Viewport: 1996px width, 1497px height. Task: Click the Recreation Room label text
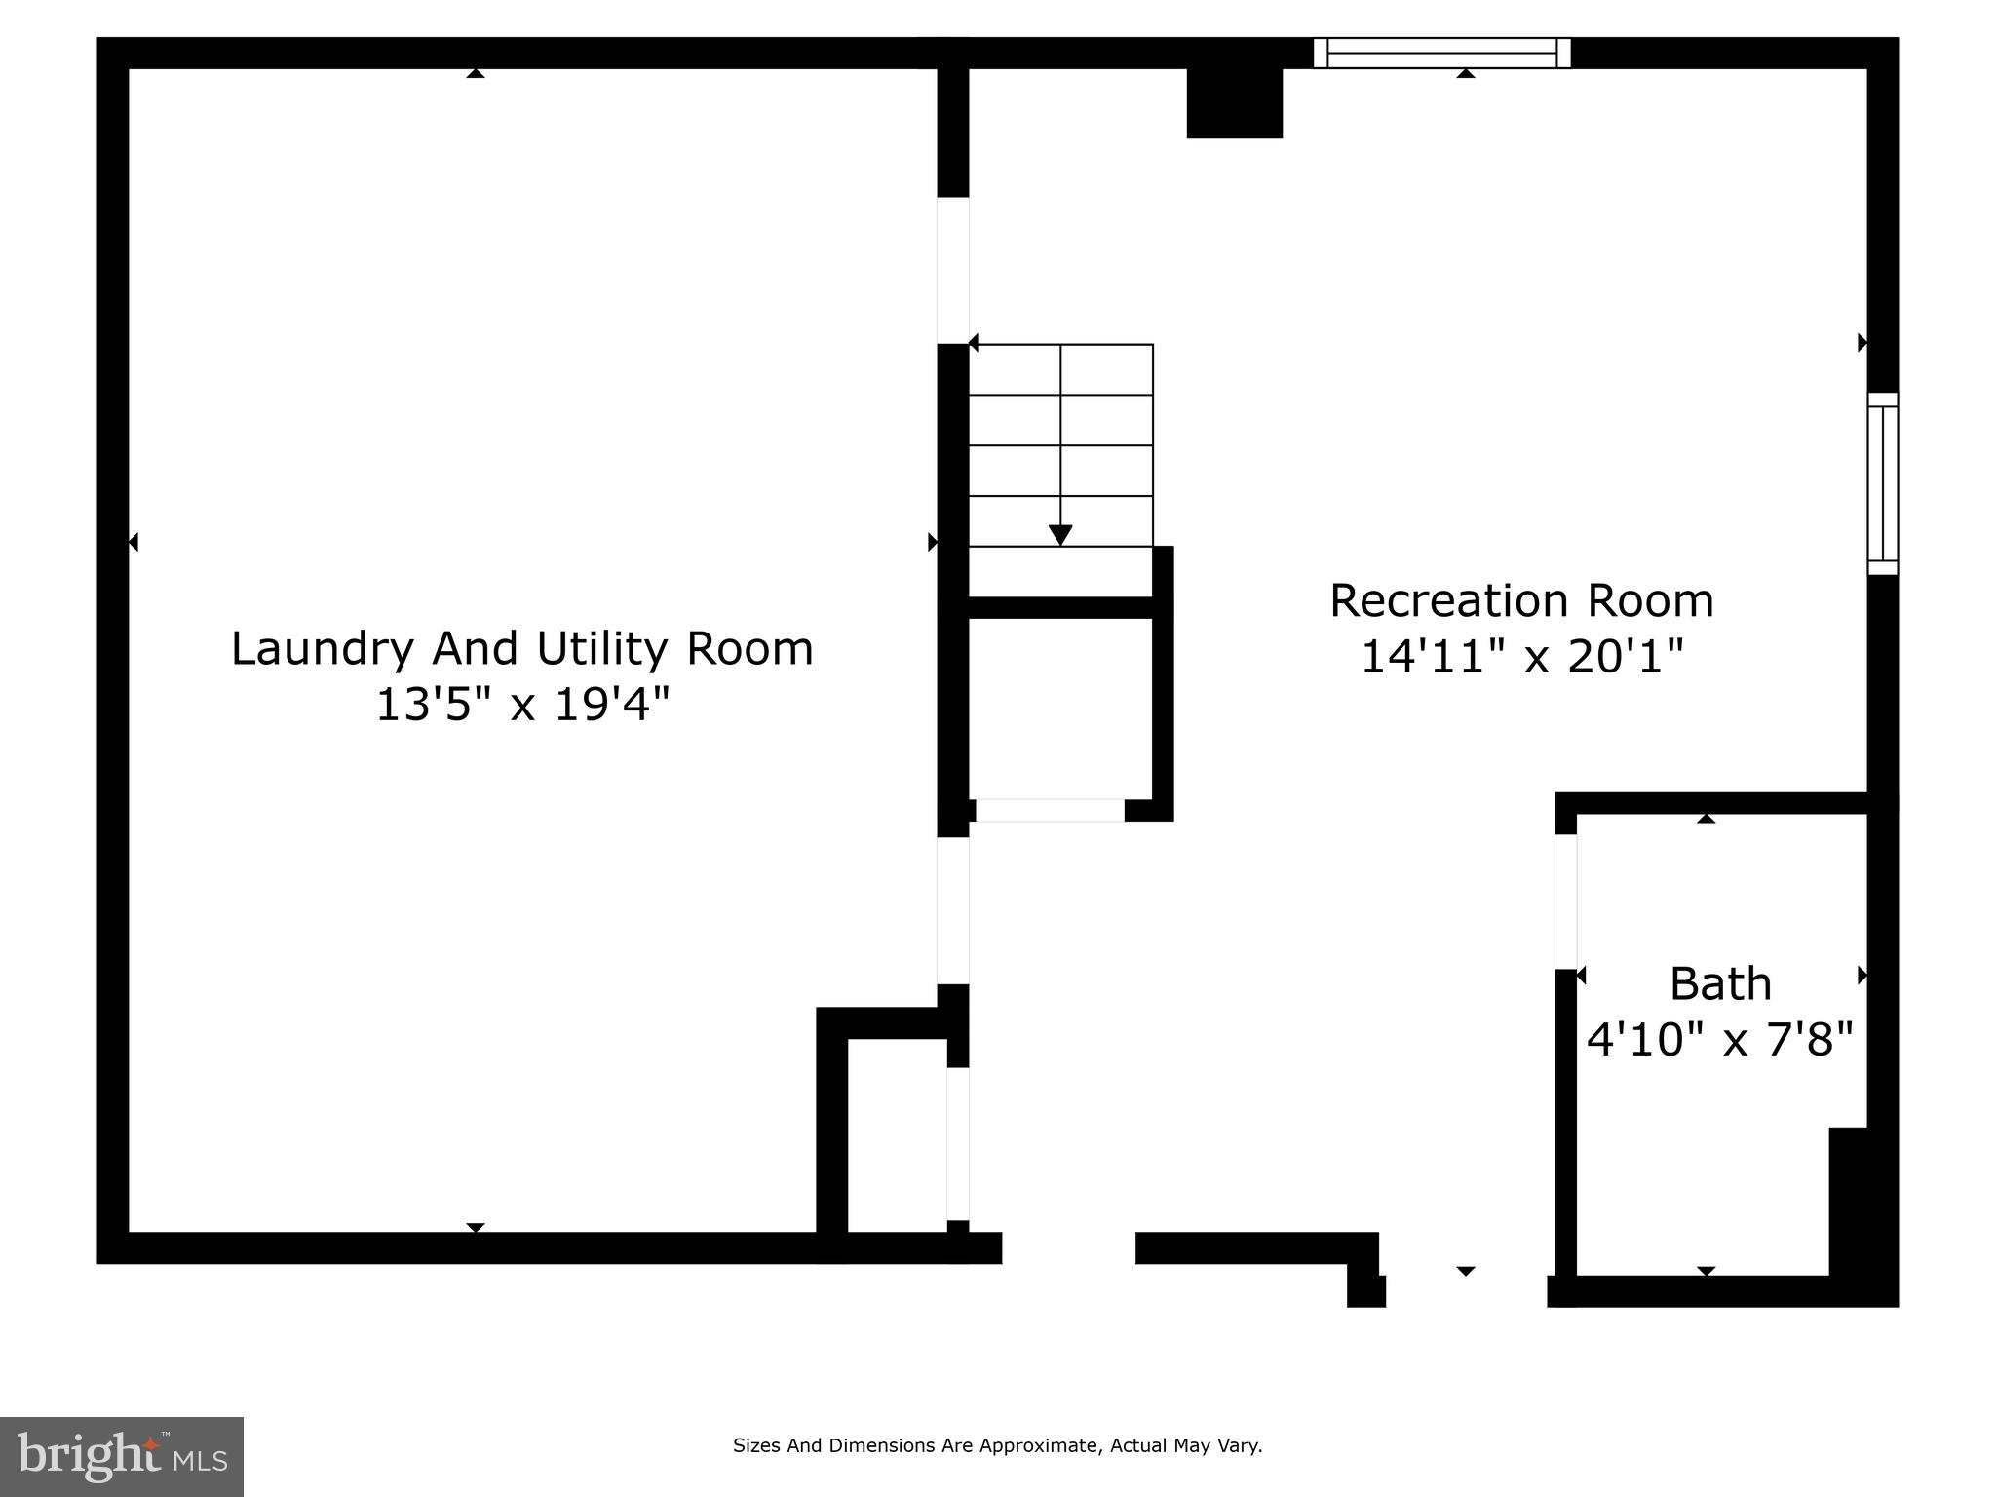click(x=1520, y=601)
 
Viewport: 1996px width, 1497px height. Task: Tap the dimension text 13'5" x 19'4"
click(x=523, y=705)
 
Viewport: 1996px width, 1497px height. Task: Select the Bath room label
click(x=1720, y=984)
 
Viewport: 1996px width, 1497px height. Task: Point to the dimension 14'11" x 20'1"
click(x=1520, y=657)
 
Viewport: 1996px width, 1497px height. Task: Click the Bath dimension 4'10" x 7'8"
click(x=1720, y=1040)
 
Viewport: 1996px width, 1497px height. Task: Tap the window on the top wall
click(x=1441, y=53)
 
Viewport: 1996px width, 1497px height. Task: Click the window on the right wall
click(x=1882, y=483)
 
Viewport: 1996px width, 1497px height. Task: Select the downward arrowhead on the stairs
click(x=1060, y=535)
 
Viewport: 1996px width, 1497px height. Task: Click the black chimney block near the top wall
click(x=1234, y=103)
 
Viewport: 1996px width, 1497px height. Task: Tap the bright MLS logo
click(x=122, y=1456)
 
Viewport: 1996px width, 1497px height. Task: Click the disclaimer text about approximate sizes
click(x=997, y=1445)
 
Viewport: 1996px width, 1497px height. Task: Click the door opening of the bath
click(x=1565, y=902)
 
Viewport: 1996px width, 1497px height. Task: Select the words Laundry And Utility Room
click(x=521, y=649)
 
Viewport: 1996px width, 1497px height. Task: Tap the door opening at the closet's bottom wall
click(x=1050, y=810)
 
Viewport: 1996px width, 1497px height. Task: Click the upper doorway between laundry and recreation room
click(x=953, y=270)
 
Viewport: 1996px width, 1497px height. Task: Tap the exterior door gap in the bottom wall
click(x=1068, y=1248)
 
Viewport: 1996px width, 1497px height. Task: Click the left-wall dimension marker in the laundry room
click(x=134, y=542)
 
